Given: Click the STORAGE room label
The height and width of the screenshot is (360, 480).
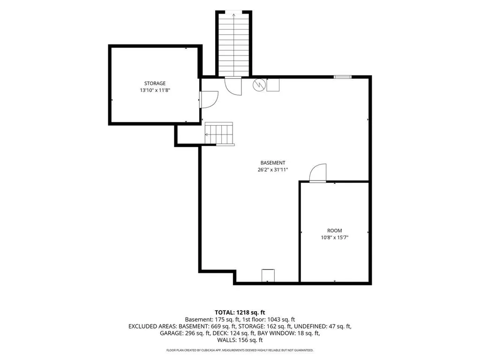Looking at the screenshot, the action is [155, 83].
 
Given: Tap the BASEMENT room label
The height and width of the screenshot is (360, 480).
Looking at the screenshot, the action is [273, 163].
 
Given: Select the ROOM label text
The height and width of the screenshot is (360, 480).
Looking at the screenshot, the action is [335, 231].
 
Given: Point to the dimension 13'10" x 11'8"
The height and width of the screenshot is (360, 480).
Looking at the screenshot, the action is [155, 90].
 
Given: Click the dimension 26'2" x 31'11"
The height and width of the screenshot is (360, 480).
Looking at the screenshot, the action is [273, 170].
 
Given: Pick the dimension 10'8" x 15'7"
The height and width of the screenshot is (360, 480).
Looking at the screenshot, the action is [335, 237].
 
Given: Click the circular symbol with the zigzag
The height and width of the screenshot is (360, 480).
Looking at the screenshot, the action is [259, 85].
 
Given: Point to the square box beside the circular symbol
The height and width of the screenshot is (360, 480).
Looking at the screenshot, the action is [273, 85].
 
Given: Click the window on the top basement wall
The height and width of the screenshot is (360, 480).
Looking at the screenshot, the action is [343, 76].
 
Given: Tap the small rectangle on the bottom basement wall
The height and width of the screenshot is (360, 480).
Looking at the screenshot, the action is [268, 275].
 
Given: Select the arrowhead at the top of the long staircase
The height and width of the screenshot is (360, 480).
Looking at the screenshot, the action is [234, 15].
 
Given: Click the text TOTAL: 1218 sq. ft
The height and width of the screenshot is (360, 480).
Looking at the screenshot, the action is [240, 313].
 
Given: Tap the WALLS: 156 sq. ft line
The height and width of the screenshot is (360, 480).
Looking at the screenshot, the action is [240, 340].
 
